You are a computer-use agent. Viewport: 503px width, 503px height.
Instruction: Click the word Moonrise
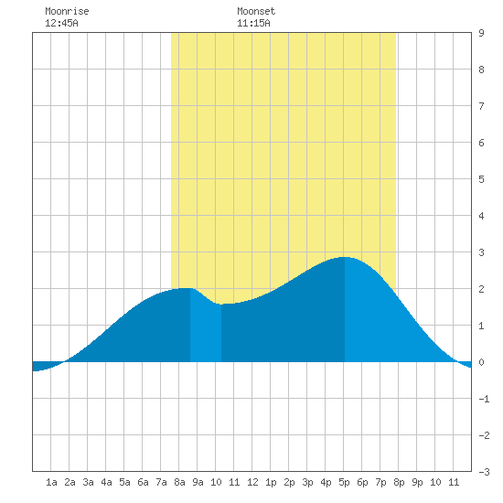[x=67, y=11]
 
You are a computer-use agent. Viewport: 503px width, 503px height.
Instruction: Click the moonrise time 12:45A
[x=61, y=23]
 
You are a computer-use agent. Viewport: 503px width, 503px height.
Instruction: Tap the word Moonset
[x=256, y=11]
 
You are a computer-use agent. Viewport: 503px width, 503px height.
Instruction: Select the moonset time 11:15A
[x=253, y=23]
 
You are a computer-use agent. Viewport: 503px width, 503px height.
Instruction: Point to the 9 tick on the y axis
[x=481, y=33]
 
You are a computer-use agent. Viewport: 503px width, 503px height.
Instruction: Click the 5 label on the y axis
[x=481, y=179]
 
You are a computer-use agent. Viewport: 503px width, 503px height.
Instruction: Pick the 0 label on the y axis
[x=481, y=362]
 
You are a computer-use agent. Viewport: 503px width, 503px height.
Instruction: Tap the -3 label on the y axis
[x=484, y=472]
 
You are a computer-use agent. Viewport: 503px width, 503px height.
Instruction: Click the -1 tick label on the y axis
[x=484, y=399]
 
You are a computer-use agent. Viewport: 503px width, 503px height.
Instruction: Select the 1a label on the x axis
[x=51, y=482]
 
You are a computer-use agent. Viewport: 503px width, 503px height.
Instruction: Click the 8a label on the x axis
[x=179, y=482]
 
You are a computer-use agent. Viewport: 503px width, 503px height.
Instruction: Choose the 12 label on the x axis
[x=252, y=482]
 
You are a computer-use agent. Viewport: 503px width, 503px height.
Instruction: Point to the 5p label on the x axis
[x=344, y=482]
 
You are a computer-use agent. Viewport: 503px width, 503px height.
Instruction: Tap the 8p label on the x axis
[x=399, y=482]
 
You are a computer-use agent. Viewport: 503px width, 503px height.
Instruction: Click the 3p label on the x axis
[x=307, y=482]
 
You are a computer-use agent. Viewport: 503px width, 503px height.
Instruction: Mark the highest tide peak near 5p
[x=345, y=257]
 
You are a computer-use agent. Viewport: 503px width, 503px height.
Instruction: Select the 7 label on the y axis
[x=481, y=106]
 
